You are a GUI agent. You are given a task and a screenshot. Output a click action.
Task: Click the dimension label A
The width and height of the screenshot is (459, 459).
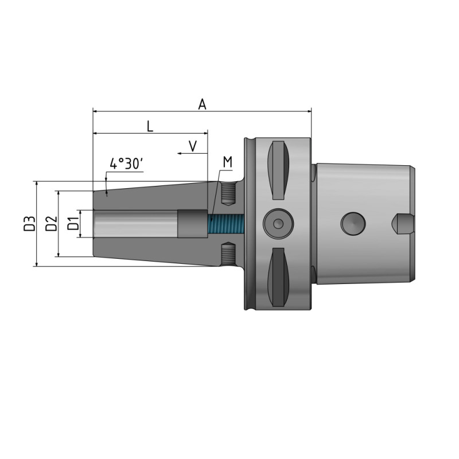coord(202,104)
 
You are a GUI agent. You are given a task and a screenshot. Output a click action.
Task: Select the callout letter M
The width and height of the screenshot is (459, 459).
coord(227,162)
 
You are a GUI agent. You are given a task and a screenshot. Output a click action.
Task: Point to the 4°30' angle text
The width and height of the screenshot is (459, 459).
coord(126,164)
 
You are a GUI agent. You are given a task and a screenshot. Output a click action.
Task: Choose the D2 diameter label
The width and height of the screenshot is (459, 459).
coord(51,224)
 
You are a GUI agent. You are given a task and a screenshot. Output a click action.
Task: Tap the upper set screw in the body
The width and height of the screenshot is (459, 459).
coord(228,193)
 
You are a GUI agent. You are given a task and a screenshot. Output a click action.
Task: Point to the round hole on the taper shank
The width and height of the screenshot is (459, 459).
coord(351,223)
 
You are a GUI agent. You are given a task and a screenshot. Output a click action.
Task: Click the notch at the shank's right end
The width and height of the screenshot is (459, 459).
coord(404,223)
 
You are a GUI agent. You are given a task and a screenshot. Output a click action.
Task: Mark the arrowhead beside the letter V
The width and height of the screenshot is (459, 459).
coord(180,154)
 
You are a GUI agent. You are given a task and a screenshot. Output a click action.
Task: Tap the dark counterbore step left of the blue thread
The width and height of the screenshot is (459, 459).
coord(192,224)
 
